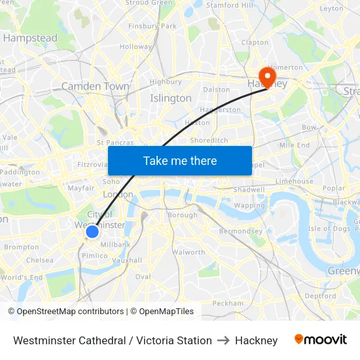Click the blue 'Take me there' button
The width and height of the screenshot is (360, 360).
point(179,160)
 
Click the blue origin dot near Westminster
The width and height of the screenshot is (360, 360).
point(92,231)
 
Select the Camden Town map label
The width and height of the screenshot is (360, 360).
point(95,86)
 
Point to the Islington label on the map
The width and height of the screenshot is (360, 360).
point(171,98)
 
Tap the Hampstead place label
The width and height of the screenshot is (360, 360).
point(30,38)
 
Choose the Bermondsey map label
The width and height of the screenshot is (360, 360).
point(241,231)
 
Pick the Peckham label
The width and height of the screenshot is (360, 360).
point(228,303)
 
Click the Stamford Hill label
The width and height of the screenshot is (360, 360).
point(229,5)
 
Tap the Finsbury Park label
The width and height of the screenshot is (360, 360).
point(153,26)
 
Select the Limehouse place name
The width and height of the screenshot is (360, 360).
point(295,181)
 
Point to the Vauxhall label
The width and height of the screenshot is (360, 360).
point(126,260)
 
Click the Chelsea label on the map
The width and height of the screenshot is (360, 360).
point(40,260)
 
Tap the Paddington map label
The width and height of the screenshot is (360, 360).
point(20,172)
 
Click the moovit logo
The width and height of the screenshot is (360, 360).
point(320,340)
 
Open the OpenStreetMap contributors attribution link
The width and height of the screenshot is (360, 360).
point(70,312)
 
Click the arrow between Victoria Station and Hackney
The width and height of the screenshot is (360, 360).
point(223,340)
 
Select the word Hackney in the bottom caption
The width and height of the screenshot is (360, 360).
point(256,340)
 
